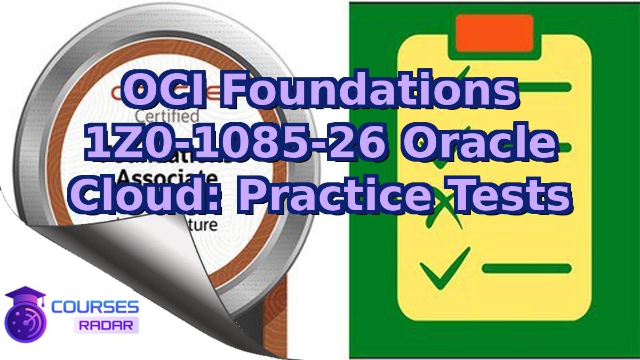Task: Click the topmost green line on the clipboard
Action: coord(525,87)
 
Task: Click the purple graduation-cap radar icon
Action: coord(25,315)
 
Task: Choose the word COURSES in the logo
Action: coord(95,308)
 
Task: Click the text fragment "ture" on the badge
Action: coord(203,225)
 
